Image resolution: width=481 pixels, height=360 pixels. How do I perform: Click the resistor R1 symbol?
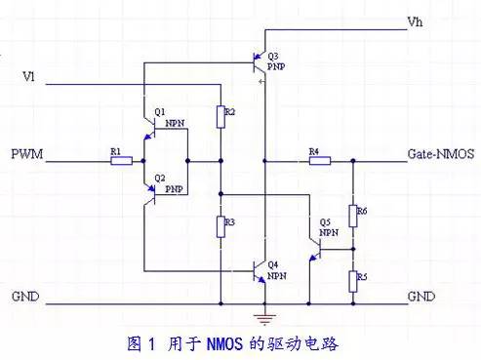(121, 161)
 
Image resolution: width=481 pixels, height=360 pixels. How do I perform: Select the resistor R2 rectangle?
(220, 117)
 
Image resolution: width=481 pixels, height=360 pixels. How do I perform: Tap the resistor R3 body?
(220, 227)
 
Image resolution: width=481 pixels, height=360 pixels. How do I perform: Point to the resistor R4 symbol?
(320, 161)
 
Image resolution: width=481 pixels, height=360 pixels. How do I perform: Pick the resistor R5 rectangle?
(353, 282)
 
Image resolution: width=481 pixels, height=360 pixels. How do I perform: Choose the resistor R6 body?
(353, 216)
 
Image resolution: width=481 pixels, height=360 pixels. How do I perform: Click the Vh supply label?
(415, 21)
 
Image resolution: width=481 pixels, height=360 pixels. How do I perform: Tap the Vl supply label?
(28, 77)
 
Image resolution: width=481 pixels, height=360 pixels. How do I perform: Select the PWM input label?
(27, 154)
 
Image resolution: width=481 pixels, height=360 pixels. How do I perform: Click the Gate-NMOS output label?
(441, 154)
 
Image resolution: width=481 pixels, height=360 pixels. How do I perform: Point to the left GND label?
(25, 297)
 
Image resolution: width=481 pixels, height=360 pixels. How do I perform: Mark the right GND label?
(421, 297)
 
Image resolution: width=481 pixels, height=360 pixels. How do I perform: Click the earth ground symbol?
(264, 319)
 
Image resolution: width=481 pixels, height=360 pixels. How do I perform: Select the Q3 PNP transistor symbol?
(260, 62)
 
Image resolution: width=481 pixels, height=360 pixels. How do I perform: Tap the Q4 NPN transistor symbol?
(260, 271)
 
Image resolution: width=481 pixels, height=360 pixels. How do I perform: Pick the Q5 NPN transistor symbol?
(315, 249)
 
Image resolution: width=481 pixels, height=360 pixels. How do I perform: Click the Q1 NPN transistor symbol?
(149, 129)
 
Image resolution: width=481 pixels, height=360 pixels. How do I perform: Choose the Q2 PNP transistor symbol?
(149, 194)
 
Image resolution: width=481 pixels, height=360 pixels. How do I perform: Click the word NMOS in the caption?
(224, 343)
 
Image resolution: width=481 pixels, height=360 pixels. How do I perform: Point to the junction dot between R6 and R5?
(353, 249)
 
